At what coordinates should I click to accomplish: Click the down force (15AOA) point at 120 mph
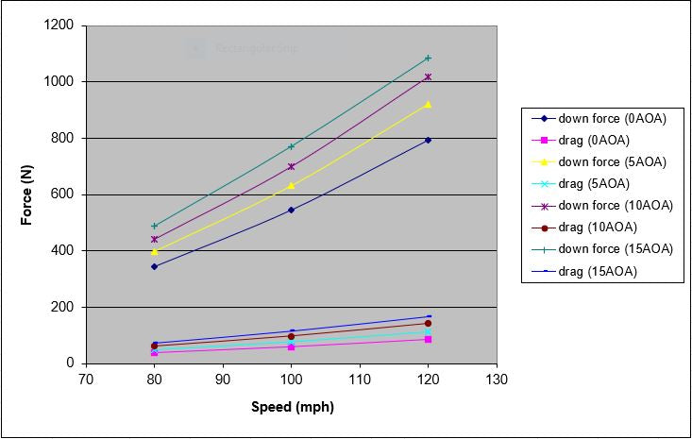[428, 59]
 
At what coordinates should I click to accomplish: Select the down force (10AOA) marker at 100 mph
[291, 166]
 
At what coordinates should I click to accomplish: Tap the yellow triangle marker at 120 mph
[428, 104]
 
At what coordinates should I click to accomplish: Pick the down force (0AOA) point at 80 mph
[154, 266]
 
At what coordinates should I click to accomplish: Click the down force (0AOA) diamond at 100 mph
[291, 210]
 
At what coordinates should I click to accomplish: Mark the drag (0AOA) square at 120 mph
[428, 339]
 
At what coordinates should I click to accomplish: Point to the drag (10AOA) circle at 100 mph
[291, 336]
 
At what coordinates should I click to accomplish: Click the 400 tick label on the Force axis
[65, 251]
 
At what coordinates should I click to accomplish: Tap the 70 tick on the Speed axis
[86, 380]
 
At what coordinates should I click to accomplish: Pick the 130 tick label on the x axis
[497, 380]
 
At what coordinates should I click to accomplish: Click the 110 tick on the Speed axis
[359, 380]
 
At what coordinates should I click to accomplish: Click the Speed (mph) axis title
[292, 408]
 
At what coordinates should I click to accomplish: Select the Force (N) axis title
[27, 194]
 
